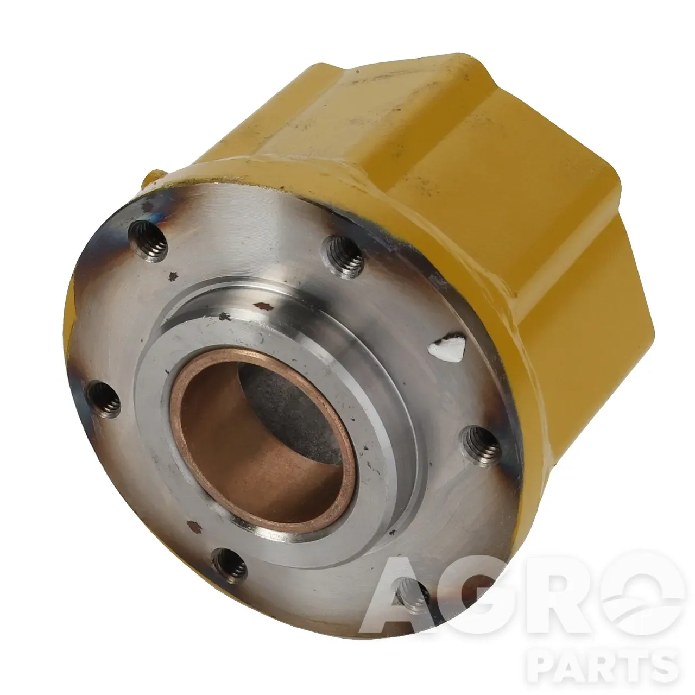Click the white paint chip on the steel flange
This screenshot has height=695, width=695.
[446, 349]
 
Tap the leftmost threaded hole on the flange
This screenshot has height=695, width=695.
[103, 399]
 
